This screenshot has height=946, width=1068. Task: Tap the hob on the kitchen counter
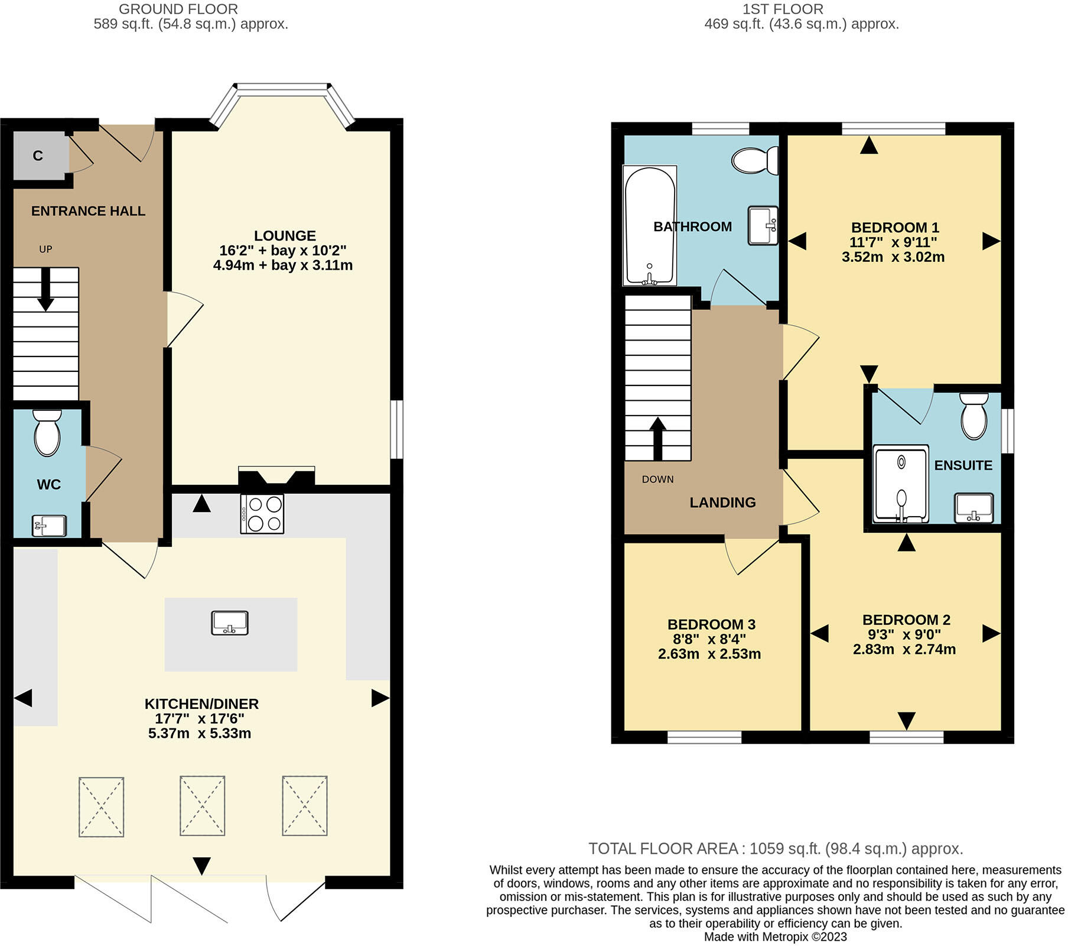(x=262, y=514)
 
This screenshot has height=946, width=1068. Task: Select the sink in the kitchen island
(x=230, y=623)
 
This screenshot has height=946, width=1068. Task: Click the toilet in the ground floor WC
(x=47, y=434)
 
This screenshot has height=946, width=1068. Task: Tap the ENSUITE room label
(x=962, y=465)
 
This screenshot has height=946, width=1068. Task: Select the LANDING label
(x=722, y=503)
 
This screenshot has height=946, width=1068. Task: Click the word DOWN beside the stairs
(x=657, y=480)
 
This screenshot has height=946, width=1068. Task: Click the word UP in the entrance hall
(x=45, y=250)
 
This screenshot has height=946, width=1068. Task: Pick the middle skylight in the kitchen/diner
(x=202, y=805)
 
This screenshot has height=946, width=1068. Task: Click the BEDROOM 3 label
(x=711, y=624)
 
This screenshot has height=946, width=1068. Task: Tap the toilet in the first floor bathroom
(x=754, y=160)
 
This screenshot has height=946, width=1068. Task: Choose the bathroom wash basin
(x=763, y=225)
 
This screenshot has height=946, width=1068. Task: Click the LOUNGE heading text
(x=285, y=235)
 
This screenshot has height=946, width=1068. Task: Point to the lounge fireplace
(x=276, y=476)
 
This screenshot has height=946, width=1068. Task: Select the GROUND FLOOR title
(x=178, y=9)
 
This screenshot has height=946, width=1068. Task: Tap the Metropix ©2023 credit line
(x=775, y=937)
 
